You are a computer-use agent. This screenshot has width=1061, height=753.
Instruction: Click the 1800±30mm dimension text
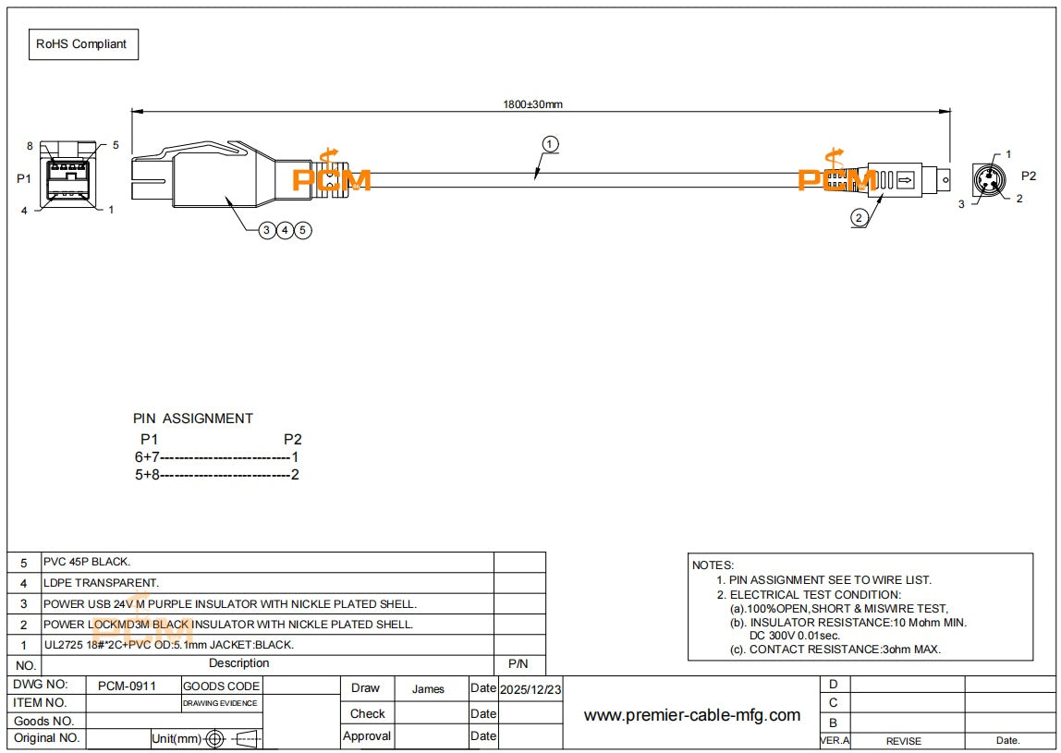point(532,104)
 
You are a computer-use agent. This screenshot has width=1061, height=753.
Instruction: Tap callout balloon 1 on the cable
point(550,144)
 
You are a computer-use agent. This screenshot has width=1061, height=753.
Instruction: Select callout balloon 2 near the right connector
point(859,218)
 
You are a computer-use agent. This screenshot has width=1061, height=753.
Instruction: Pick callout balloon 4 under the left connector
point(285,231)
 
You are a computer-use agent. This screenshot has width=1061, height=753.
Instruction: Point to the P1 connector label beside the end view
point(24,178)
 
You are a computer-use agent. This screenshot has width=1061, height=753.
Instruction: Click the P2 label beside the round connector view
point(1029,176)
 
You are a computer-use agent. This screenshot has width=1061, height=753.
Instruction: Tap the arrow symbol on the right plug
point(906,180)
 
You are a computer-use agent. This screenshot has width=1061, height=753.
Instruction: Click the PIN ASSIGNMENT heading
point(193,419)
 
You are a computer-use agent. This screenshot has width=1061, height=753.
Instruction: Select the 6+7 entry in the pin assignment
point(147,457)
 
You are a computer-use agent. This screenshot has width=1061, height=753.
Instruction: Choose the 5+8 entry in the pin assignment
point(147,475)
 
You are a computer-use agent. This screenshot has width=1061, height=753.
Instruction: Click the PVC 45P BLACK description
point(87,562)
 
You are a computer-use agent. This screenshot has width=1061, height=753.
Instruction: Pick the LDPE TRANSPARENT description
point(101,582)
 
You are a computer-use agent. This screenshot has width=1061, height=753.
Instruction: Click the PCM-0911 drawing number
point(127,686)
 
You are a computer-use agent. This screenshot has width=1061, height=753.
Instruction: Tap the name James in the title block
point(428,688)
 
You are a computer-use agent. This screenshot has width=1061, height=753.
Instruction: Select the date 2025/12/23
point(530,689)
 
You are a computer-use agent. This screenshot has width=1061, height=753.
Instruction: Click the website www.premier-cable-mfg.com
point(691,715)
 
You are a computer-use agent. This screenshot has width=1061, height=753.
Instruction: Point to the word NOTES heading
point(713,565)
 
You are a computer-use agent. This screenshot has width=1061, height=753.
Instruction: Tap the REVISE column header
point(903,741)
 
